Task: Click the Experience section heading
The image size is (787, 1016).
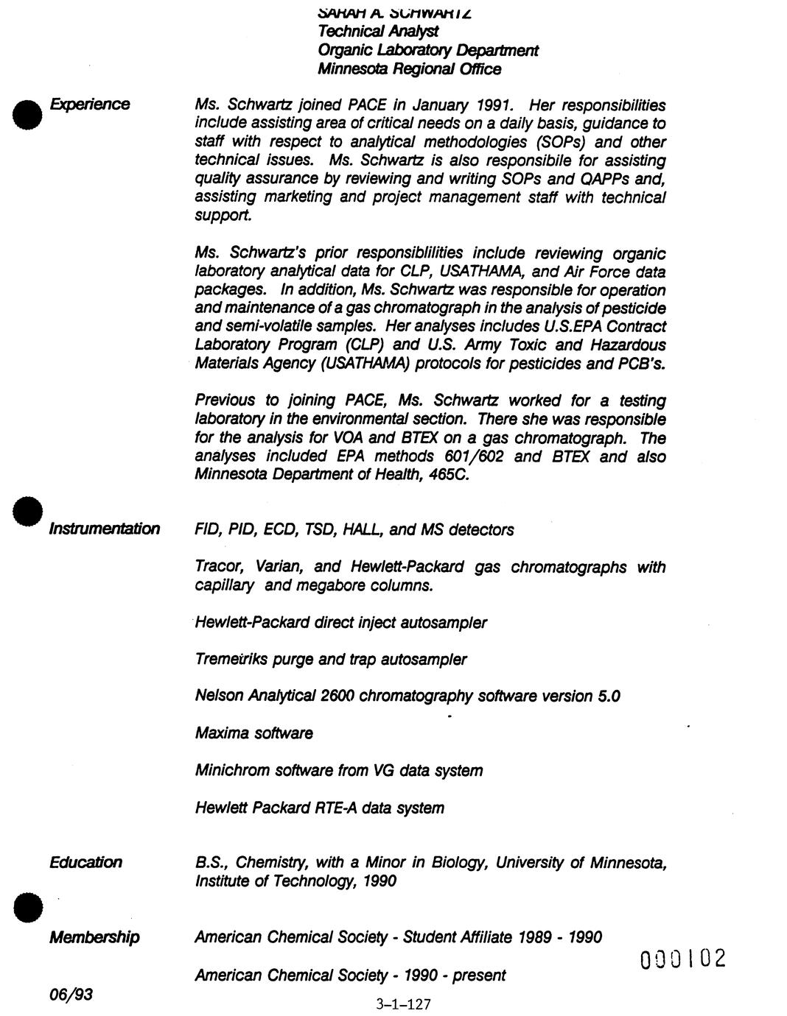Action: (x=89, y=105)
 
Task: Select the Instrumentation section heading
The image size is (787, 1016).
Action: (x=104, y=529)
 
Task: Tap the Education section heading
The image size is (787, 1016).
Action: (x=85, y=862)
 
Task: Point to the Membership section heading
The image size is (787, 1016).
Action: (x=94, y=937)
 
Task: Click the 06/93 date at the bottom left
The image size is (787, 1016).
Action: (x=71, y=995)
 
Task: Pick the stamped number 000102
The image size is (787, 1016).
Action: (x=682, y=959)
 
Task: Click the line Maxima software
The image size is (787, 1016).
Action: (x=253, y=733)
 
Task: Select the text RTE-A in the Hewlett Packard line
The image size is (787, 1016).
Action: (x=336, y=808)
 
